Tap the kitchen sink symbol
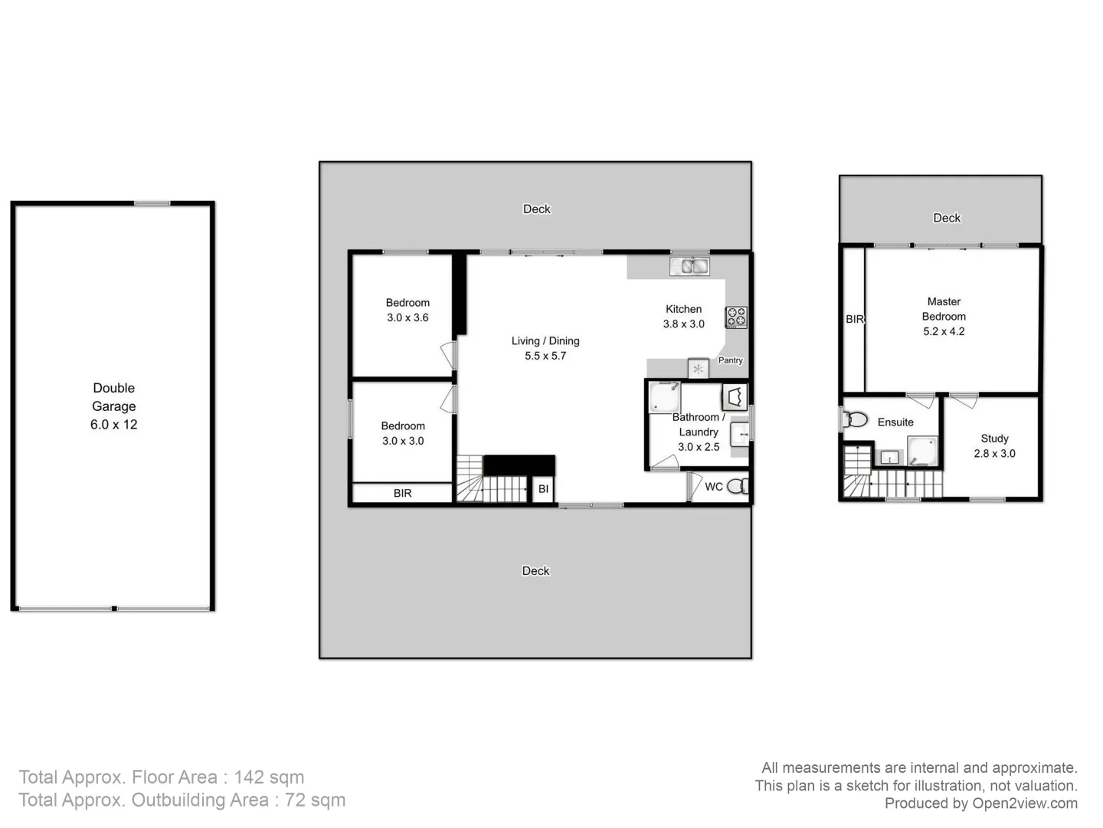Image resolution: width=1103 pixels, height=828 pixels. [689, 266]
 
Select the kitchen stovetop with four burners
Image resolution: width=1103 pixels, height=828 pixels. [736, 317]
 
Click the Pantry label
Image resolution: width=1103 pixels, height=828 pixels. [730, 360]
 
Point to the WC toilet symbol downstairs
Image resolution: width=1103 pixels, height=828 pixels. [737, 486]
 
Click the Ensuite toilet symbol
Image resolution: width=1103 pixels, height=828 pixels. [855, 419]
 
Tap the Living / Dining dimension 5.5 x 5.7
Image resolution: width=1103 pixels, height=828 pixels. [545, 356]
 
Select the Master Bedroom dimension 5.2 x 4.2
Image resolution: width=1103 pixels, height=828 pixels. [944, 331]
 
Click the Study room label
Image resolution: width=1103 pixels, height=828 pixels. [994, 439]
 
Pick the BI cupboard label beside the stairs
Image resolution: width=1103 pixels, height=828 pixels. [543, 489]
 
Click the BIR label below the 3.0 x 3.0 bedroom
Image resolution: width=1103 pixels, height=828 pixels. [402, 493]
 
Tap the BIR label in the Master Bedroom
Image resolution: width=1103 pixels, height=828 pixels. [854, 319]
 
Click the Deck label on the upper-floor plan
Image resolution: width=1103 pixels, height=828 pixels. [947, 218]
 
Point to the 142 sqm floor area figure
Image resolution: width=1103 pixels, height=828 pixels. [269, 777]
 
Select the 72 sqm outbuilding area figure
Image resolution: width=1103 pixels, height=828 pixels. [316, 800]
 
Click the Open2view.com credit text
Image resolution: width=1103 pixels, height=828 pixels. [1024, 803]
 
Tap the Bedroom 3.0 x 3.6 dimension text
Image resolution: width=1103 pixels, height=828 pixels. [407, 317]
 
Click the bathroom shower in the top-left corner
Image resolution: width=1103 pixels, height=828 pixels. [663, 396]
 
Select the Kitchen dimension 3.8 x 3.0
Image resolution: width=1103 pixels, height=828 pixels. [683, 324]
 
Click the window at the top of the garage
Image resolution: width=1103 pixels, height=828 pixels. [152, 203]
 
